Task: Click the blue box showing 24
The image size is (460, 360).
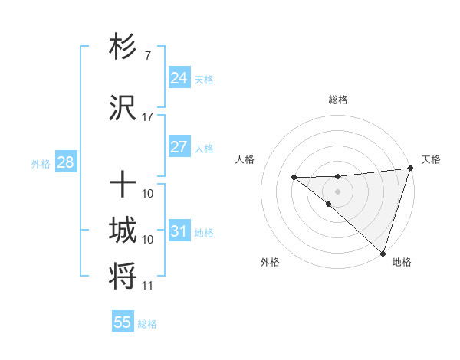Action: [179, 77]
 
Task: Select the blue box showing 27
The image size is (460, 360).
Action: [179, 147]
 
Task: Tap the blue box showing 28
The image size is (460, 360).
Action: [64, 162]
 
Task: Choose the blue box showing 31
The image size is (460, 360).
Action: [179, 231]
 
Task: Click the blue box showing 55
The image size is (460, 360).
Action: [123, 322]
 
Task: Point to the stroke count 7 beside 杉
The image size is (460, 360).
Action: [147, 56]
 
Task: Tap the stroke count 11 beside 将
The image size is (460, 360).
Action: [147, 286]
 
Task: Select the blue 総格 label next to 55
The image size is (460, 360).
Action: [147, 324]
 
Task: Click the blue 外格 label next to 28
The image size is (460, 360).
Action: [40, 163]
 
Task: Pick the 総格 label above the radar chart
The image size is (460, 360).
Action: [337, 100]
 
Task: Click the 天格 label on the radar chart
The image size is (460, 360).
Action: [431, 159]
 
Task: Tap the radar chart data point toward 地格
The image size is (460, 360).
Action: [382, 253]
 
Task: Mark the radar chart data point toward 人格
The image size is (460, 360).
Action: [294, 178]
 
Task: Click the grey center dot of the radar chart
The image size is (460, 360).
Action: [337, 191]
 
